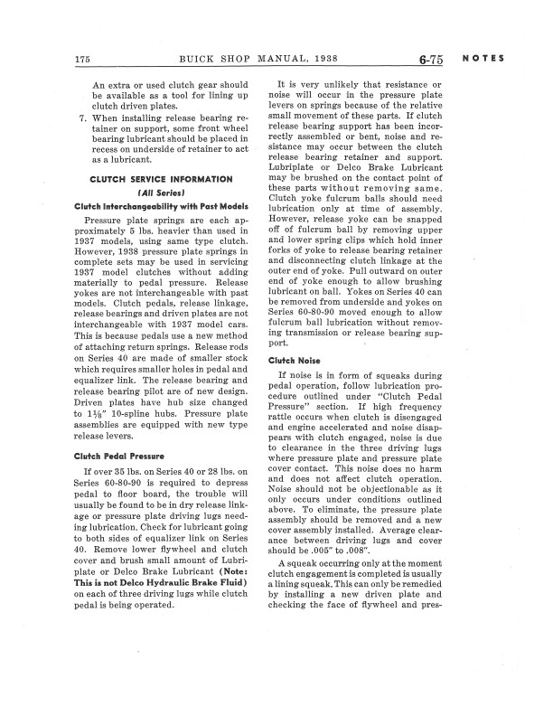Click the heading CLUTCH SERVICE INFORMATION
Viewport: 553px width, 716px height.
coord(155,179)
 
